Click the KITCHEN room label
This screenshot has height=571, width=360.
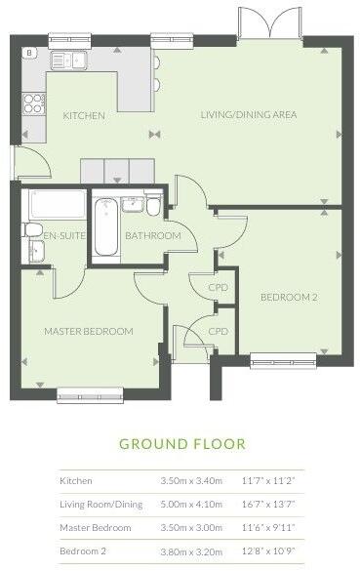click(84, 115)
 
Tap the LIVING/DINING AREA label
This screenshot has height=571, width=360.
click(249, 115)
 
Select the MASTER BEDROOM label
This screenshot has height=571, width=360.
click(88, 331)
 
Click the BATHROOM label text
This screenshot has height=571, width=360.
click(153, 236)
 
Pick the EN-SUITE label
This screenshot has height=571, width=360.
click(43, 235)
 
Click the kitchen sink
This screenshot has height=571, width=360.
click(69, 61)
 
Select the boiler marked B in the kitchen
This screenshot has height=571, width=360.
click(29, 53)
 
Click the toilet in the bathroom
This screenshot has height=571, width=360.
click(154, 208)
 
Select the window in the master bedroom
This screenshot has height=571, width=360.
click(86, 393)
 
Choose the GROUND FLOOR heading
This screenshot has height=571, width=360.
click(181, 444)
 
